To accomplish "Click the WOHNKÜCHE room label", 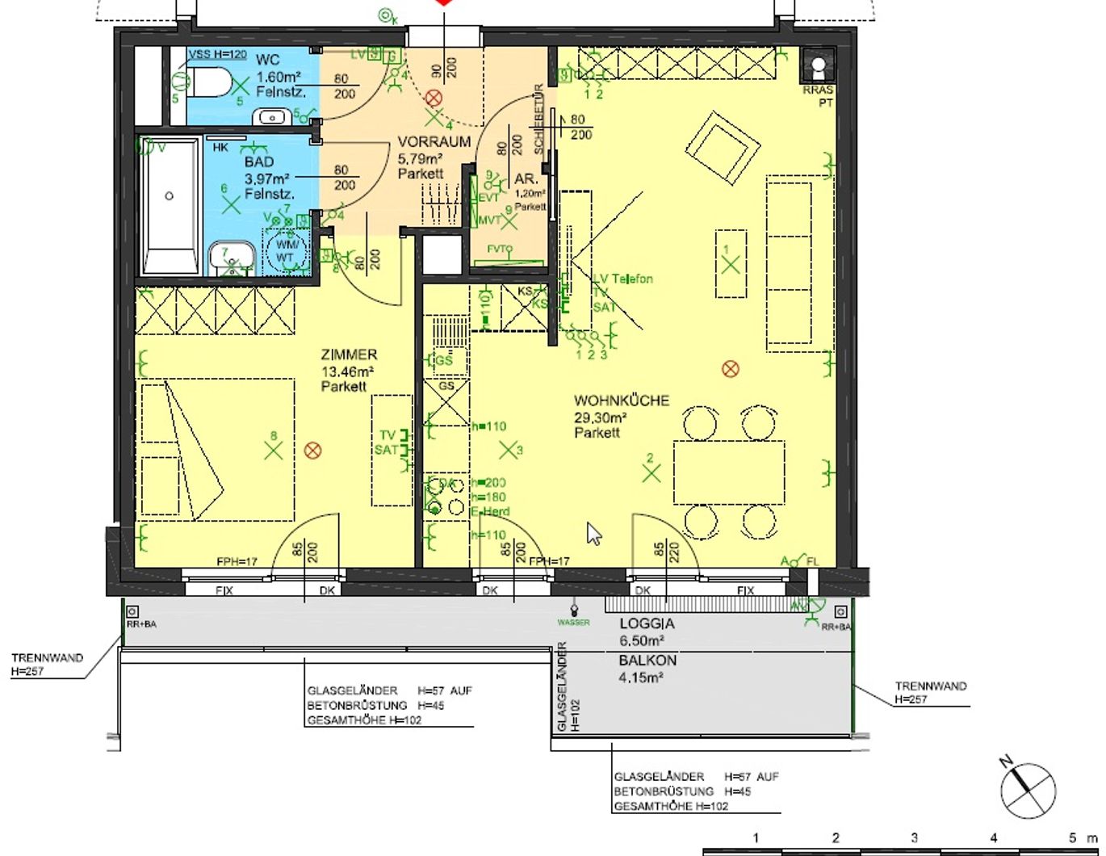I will [621, 401].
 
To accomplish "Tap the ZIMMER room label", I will [349, 355].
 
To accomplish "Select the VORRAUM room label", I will [434, 142].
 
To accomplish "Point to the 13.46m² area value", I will [347, 371].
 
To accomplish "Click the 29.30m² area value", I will [601, 418].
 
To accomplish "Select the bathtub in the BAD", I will [170, 206].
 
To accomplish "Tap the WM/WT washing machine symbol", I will [286, 250].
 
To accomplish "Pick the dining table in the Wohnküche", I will [729, 472].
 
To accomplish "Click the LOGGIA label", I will [647, 624].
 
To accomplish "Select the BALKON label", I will [647, 661].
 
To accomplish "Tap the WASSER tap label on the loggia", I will [573, 623].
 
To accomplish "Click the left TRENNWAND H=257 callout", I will [47, 664].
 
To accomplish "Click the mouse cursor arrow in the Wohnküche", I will [594, 534].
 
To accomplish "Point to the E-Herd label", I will [490, 512].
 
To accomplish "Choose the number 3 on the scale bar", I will [914, 838].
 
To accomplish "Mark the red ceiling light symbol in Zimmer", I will [313, 450].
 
